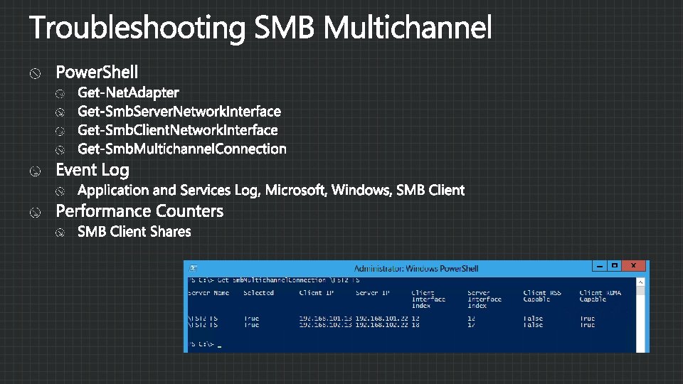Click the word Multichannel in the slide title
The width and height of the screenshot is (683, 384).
point(407,28)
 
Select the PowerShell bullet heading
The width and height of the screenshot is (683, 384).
point(97,72)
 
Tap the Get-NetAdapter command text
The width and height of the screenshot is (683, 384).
point(128,92)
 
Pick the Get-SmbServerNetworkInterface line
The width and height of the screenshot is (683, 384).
point(179,111)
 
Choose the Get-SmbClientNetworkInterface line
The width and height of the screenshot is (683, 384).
point(177,130)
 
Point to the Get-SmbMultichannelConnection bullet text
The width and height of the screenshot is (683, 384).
point(181,149)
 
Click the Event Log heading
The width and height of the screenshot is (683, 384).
point(92,170)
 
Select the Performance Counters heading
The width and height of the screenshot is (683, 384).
point(139,211)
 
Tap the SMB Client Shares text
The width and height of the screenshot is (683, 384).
point(134,231)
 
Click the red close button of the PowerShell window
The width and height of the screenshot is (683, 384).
point(634,266)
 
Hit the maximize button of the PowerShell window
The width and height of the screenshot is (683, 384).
point(615,266)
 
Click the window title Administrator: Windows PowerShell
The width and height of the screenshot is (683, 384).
point(416,269)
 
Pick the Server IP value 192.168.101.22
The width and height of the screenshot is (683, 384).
point(381,319)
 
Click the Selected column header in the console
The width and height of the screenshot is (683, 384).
point(258,293)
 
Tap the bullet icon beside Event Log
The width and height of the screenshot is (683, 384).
point(35,171)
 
